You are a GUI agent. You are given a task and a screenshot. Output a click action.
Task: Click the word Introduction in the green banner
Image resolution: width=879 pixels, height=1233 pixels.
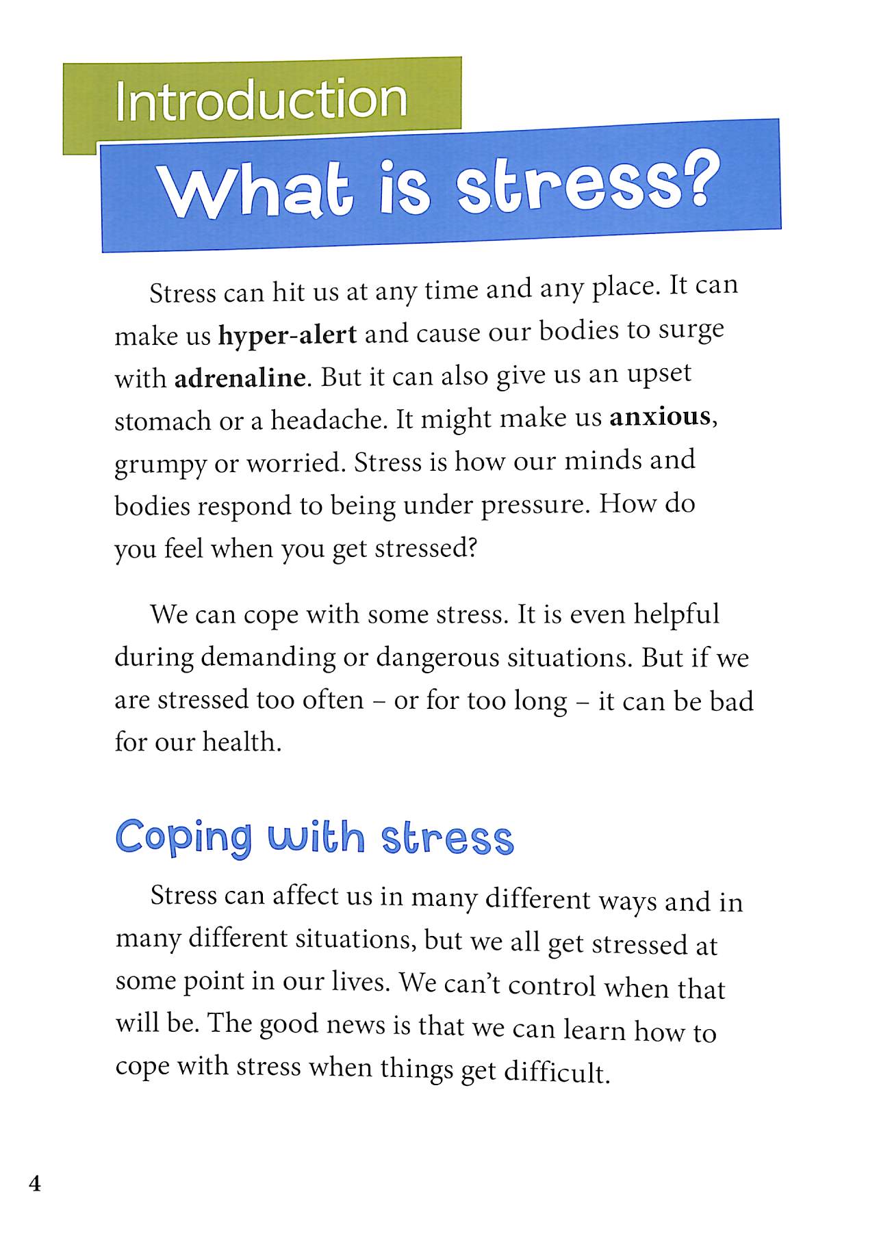[x=261, y=101]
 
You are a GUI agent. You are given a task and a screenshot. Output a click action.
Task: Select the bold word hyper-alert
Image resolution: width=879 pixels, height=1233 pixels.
[x=288, y=335]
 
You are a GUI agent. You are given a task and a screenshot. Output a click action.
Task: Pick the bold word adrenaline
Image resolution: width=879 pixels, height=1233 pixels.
[x=240, y=378]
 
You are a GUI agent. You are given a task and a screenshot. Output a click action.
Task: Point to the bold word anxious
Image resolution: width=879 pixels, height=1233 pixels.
[x=660, y=417]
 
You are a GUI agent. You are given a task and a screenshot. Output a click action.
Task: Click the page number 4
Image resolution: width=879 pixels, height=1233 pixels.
[x=35, y=1184]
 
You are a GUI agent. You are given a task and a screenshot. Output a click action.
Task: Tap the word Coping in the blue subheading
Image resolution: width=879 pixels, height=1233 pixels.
[x=183, y=836]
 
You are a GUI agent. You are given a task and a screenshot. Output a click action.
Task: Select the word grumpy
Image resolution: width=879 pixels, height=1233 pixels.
[x=160, y=465]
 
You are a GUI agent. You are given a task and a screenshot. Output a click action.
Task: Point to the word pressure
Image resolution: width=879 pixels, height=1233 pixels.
[x=534, y=505]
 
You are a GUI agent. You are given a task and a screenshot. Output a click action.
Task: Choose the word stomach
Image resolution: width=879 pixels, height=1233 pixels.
[x=162, y=421]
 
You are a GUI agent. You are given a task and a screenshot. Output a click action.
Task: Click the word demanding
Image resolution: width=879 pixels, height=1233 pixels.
[x=268, y=657]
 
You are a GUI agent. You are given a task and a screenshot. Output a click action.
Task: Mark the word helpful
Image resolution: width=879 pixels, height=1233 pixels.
[x=676, y=614]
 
